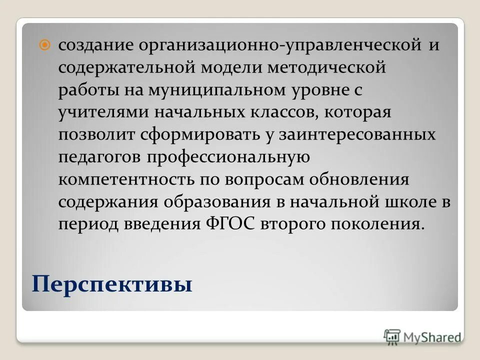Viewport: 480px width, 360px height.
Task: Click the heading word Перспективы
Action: [x=112, y=285]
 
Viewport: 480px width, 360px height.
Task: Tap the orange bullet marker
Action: [x=45, y=45]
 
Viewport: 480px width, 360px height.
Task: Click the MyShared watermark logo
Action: [x=422, y=336]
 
